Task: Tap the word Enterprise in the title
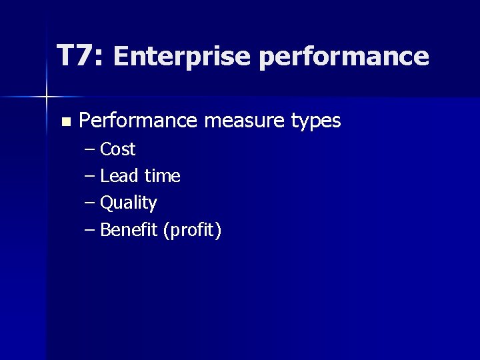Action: pyautogui.click(x=182, y=57)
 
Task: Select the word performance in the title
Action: pyautogui.click(x=343, y=58)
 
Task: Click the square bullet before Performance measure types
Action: pyautogui.click(x=65, y=122)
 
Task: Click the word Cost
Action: pyautogui.click(x=117, y=149)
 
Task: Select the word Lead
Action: pyautogui.click(x=119, y=176)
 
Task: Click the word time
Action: pyautogui.click(x=163, y=176)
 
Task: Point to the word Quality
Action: pyautogui.click(x=128, y=203)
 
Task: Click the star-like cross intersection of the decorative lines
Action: pyautogui.click(x=47, y=97)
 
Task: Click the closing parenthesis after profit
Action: pyautogui.click(x=218, y=231)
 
